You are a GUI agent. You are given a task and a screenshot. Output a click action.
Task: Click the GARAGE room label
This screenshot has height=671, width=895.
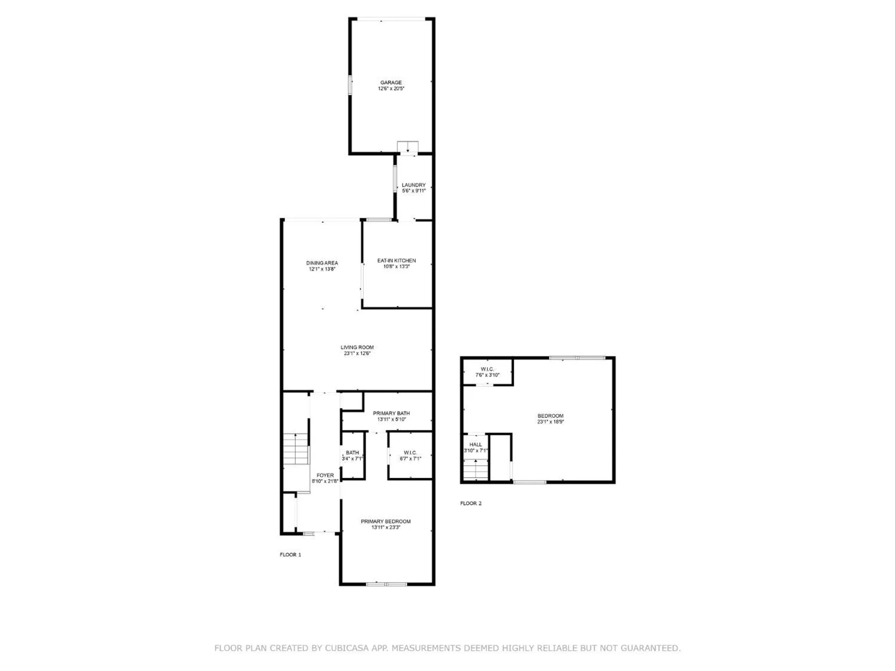click(391, 82)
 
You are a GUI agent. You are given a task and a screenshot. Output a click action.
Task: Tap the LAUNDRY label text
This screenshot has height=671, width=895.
click(413, 185)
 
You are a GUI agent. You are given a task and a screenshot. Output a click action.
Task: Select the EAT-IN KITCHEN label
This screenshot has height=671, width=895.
click(396, 260)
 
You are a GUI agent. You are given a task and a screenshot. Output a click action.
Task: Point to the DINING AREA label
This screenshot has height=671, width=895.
click(322, 263)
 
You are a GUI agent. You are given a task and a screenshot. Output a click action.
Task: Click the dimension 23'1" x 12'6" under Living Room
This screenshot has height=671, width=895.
click(357, 353)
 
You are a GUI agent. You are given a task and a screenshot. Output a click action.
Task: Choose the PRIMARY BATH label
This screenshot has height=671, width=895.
click(391, 413)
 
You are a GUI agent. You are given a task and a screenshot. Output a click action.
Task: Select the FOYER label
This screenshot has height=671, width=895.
click(325, 476)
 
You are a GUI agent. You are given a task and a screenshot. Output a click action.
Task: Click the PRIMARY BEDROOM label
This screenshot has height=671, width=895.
click(386, 521)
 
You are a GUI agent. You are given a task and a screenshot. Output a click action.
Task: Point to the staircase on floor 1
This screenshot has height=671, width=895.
click(295, 449)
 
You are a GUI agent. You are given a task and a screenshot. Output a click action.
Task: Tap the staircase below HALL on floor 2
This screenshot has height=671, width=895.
click(475, 470)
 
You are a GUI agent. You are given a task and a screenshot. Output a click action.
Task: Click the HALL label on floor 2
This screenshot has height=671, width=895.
click(476, 445)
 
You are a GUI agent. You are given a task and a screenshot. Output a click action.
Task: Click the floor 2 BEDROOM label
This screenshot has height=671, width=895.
click(550, 416)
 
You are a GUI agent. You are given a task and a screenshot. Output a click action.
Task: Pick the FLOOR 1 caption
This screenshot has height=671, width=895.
click(290, 555)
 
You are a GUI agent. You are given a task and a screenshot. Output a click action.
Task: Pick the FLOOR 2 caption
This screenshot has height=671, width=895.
click(471, 503)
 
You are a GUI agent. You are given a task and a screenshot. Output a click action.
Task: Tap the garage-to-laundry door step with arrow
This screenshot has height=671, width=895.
click(408, 148)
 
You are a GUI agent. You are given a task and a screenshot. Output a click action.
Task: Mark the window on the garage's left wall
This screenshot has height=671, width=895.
click(350, 85)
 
